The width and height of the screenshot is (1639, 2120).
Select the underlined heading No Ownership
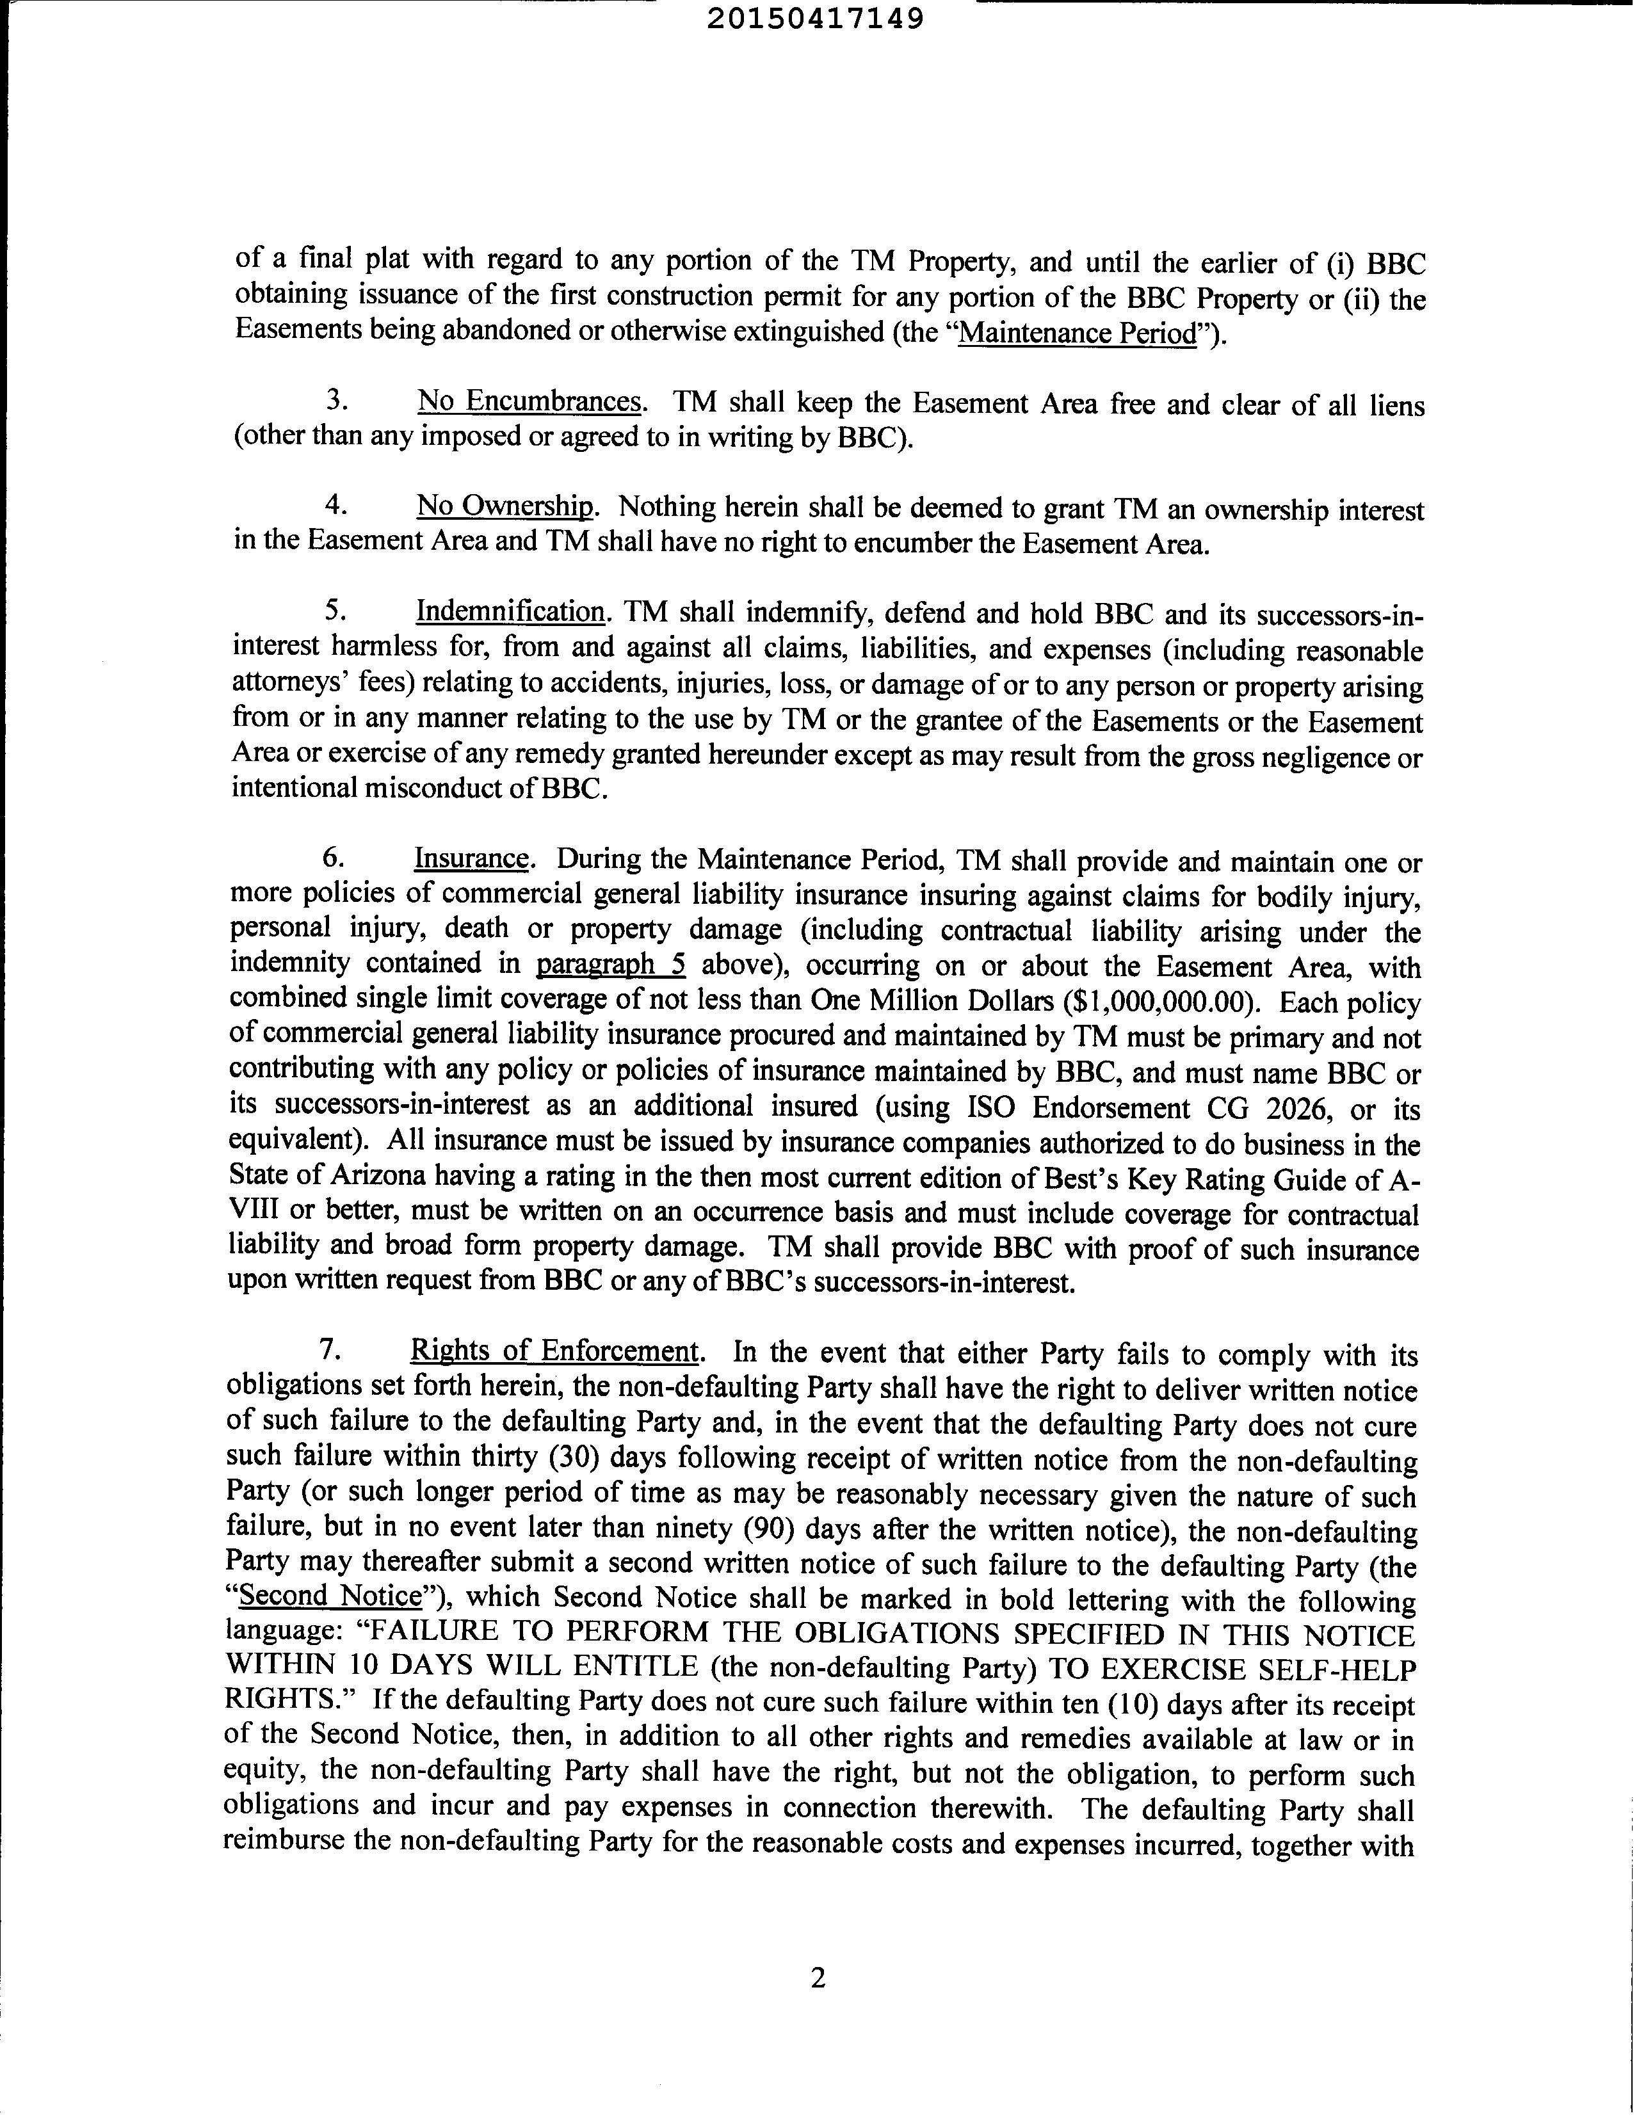(x=505, y=507)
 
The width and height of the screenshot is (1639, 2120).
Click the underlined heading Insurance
(x=472, y=859)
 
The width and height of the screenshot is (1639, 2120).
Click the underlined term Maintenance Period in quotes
(x=1077, y=334)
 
